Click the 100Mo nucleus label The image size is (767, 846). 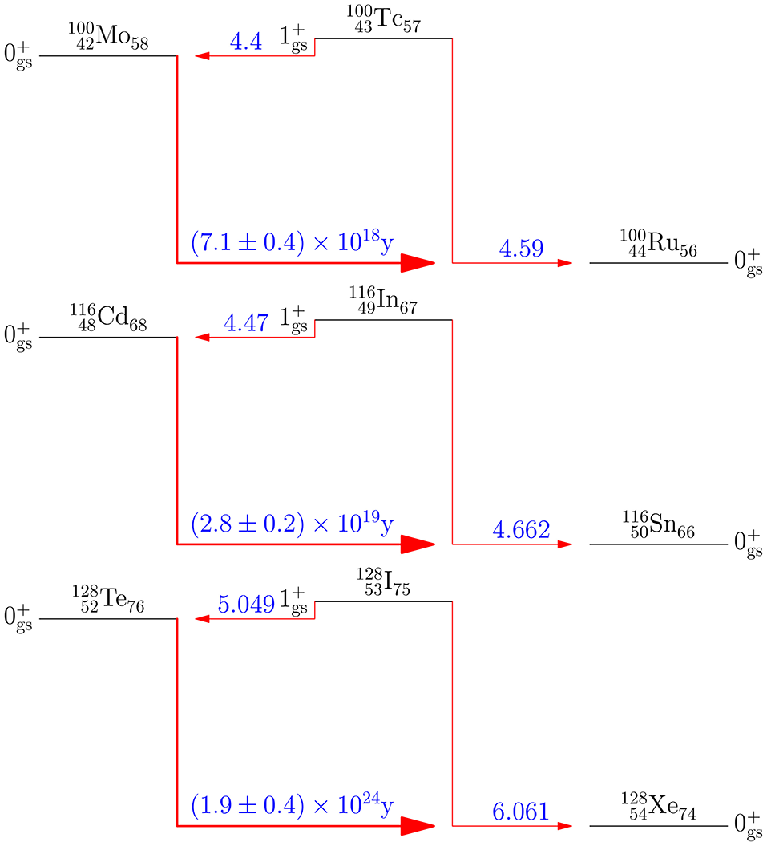(x=107, y=38)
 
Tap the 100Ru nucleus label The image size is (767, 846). (x=658, y=245)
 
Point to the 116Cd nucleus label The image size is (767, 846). (x=107, y=320)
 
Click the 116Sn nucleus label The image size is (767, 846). (x=658, y=527)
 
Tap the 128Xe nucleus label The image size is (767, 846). (x=658, y=808)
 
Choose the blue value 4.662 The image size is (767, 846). (x=521, y=529)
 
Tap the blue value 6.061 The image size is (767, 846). (x=521, y=811)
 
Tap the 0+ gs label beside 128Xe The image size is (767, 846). (x=747, y=824)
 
